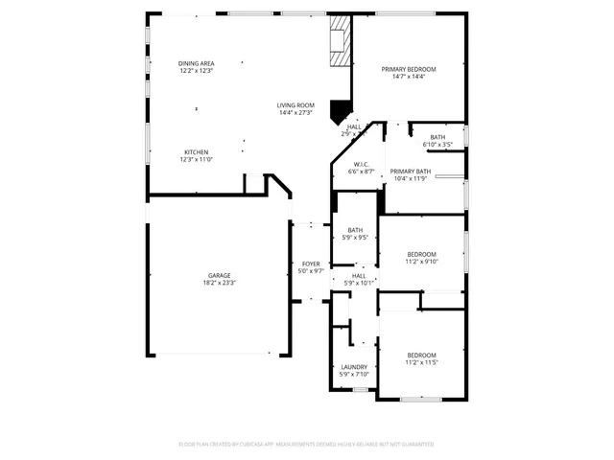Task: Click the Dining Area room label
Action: [x=196, y=63]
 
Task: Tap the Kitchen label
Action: [x=196, y=152]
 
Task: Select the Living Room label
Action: [x=296, y=105]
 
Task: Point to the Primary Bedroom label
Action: [x=408, y=69]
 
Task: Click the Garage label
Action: [x=219, y=275]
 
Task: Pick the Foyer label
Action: [x=311, y=264]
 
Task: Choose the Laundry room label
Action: [x=354, y=367]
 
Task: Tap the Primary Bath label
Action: [x=410, y=172]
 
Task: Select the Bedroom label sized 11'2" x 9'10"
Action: [x=420, y=254]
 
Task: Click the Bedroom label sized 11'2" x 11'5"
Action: [x=420, y=356]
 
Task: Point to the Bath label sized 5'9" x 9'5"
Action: [x=355, y=230]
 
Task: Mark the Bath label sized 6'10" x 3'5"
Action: [x=437, y=137]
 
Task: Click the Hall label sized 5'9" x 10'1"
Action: [x=359, y=276]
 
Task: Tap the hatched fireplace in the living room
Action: [x=339, y=43]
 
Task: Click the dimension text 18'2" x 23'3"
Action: [x=219, y=283]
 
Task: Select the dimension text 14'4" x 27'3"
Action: [x=296, y=113]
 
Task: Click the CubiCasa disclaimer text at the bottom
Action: [x=307, y=444]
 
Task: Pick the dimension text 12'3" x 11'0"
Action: [x=196, y=160]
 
